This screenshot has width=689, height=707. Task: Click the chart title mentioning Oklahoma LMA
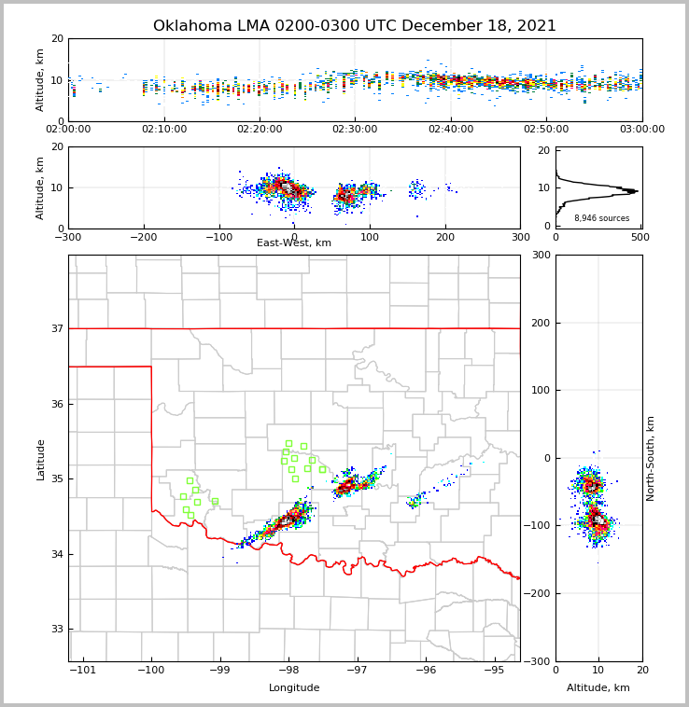click(x=355, y=26)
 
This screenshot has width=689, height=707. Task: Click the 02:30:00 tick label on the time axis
click(x=355, y=130)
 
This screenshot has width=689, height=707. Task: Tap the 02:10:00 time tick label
click(x=163, y=130)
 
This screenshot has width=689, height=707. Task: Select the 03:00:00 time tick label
click(x=641, y=130)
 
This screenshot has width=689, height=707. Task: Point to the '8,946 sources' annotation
click(x=601, y=218)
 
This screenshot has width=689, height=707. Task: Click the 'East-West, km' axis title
click(x=294, y=243)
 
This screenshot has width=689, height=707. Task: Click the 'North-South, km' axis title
click(x=651, y=458)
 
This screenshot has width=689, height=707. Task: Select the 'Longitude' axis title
click(x=294, y=688)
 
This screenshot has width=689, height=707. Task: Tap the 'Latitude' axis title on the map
click(x=40, y=459)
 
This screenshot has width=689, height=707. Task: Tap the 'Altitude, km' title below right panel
click(x=598, y=688)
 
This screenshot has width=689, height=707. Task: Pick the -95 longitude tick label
click(x=493, y=671)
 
